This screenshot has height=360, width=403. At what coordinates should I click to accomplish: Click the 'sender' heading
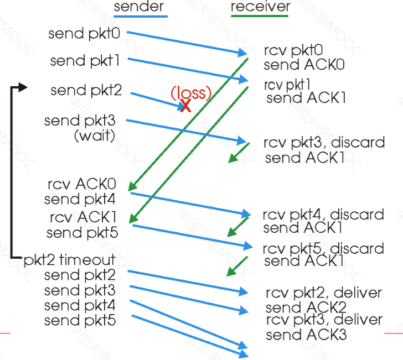tap(139, 7)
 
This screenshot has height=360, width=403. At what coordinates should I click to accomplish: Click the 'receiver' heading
tap(261, 7)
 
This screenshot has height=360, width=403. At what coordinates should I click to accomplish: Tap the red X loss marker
tap(185, 106)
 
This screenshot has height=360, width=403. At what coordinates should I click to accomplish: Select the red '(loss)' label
tap(191, 93)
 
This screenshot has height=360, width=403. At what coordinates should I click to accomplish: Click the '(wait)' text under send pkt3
tap(95, 135)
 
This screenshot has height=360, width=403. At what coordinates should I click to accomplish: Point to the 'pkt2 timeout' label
tap(69, 260)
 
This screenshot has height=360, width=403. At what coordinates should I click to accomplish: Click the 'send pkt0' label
tap(84, 34)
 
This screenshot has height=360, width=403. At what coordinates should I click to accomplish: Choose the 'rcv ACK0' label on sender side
tap(82, 184)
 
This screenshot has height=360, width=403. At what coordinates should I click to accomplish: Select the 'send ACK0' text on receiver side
tap(304, 65)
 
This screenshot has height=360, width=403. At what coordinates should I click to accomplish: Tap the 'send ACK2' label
tap(306, 307)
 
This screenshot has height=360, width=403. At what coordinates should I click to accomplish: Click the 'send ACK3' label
tap(306, 335)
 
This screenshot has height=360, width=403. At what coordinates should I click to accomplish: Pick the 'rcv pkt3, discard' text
tap(324, 143)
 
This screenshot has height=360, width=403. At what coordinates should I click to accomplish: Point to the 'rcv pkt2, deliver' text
tap(324, 293)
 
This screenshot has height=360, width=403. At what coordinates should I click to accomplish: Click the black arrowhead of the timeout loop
tap(23, 87)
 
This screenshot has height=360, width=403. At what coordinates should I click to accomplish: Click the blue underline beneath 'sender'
tap(141, 17)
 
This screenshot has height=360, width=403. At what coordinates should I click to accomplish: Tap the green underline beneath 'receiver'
tap(259, 16)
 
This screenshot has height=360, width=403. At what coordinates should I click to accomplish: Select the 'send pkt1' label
tap(85, 61)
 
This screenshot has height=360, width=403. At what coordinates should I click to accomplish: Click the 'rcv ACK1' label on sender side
tap(83, 217)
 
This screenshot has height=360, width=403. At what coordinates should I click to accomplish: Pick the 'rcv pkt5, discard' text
tap(323, 248)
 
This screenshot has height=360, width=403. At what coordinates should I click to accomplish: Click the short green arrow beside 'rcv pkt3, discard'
tap(239, 153)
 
